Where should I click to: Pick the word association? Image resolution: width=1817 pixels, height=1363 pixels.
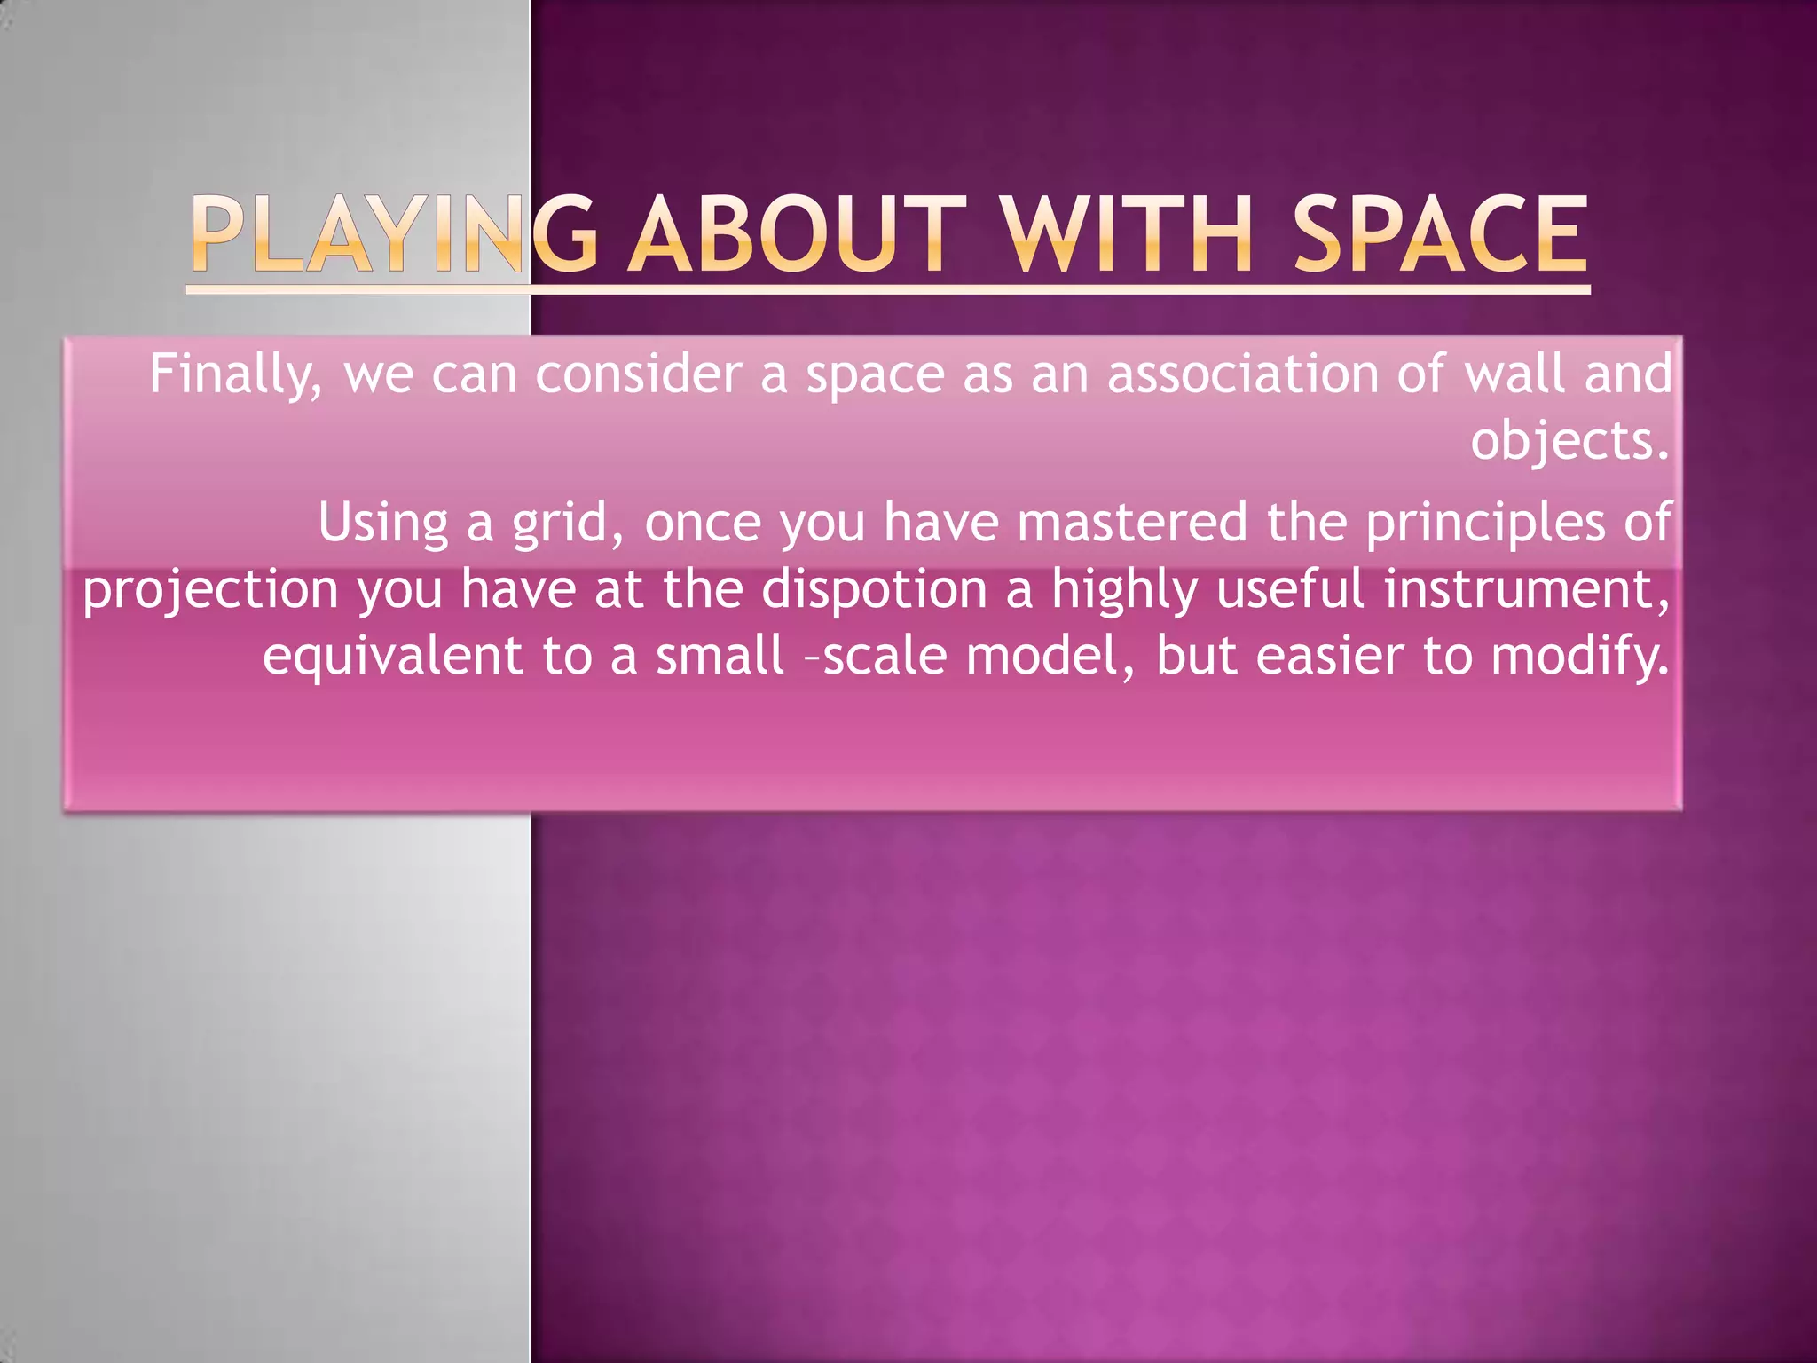tap(1243, 374)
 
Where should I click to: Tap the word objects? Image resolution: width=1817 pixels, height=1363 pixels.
tap(1569, 440)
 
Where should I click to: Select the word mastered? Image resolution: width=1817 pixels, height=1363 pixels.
tap(1133, 522)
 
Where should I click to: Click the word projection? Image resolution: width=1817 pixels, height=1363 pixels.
tap(211, 591)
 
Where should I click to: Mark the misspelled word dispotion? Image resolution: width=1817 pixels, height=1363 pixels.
tap(875, 590)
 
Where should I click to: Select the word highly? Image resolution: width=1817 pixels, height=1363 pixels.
tap(1124, 591)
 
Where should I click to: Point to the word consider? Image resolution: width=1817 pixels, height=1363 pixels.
tap(639, 374)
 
